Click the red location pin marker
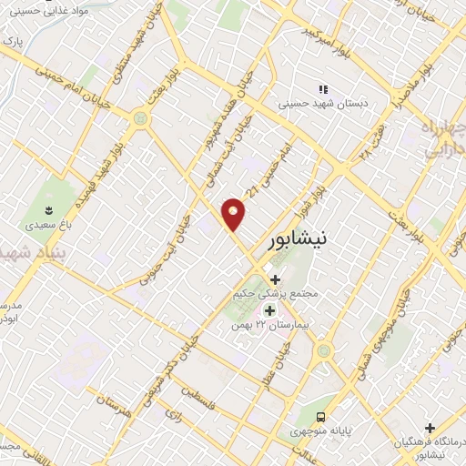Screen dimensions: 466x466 point(234,213)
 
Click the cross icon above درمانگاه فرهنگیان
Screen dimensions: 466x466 point(431,427)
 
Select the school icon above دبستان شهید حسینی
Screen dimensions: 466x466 point(323,89)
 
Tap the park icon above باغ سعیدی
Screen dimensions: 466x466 point(39,207)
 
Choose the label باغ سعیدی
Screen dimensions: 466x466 point(41,221)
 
